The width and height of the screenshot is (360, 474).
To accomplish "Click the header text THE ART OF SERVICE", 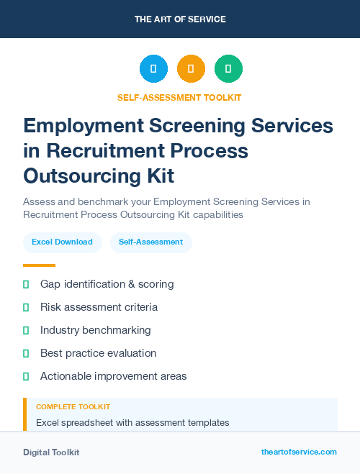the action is tap(180, 19).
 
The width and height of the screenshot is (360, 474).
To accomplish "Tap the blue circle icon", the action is tap(153, 69).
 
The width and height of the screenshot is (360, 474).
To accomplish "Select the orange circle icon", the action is tap(191, 69).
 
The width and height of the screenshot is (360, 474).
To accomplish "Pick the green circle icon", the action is tap(228, 69).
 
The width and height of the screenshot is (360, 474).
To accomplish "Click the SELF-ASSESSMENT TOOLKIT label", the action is tap(179, 97).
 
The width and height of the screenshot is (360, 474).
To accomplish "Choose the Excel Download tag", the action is tap(62, 242).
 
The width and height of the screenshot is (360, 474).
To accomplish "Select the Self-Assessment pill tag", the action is tap(150, 242).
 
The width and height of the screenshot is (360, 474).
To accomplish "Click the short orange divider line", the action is tap(39, 265).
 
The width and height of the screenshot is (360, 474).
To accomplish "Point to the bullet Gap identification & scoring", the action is tap(107, 284).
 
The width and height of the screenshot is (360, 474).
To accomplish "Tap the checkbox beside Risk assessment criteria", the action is tap(26, 307).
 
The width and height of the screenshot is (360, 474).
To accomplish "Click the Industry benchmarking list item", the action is tap(95, 330).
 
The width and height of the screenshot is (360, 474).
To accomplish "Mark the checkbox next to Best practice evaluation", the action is tap(26, 353).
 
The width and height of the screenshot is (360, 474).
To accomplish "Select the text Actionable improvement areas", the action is tap(113, 376).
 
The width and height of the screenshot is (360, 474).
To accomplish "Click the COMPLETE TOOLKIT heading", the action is tap(73, 407).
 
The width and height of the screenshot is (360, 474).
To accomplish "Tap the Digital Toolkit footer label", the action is tap(51, 452).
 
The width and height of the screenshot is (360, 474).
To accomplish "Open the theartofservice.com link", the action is tap(299, 452).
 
